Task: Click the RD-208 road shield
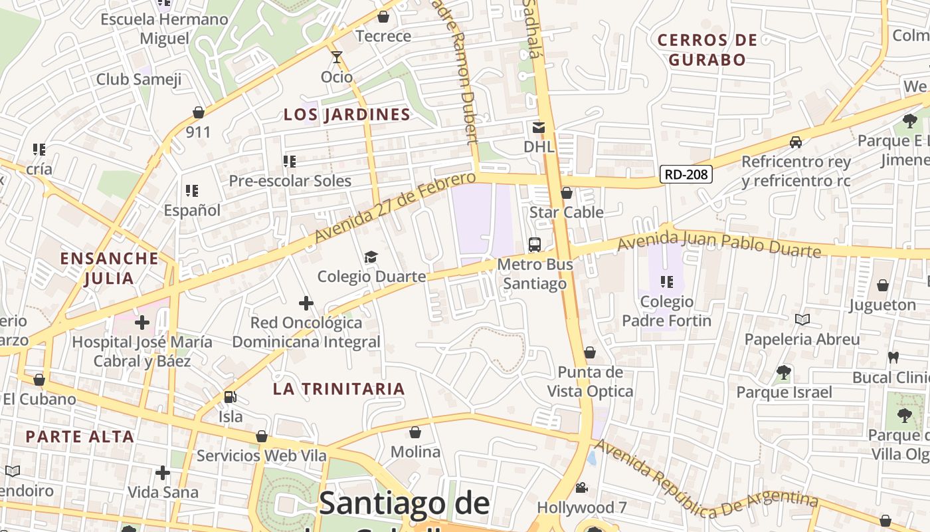[686, 174]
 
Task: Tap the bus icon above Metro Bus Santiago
[535, 244]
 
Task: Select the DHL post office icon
[538, 127]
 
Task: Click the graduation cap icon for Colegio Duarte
[371, 257]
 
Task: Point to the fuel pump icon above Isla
[230, 397]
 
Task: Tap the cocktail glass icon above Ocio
[337, 57]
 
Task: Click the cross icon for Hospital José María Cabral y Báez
[142, 323]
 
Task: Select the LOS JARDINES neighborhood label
[347, 114]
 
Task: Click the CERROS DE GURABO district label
[707, 50]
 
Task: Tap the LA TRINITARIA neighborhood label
[339, 389]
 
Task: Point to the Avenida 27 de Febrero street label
[395, 207]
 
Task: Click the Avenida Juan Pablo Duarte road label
[719, 243]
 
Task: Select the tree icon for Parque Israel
[784, 372]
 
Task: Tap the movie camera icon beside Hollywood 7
[581, 488]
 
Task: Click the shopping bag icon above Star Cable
[567, 193]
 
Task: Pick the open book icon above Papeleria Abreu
[802, 320]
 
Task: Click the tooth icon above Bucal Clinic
[893, 357]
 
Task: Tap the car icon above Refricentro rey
[796, 142]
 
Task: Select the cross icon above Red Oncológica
[306, 304]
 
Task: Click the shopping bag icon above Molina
[415, 432]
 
